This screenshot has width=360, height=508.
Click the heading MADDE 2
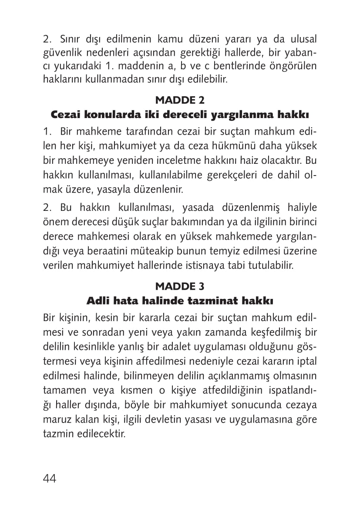click(180, 100)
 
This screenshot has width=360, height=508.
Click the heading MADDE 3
click(180, 286)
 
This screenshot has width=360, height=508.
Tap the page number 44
click(50, 478)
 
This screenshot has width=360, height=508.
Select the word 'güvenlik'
click(60, 53)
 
